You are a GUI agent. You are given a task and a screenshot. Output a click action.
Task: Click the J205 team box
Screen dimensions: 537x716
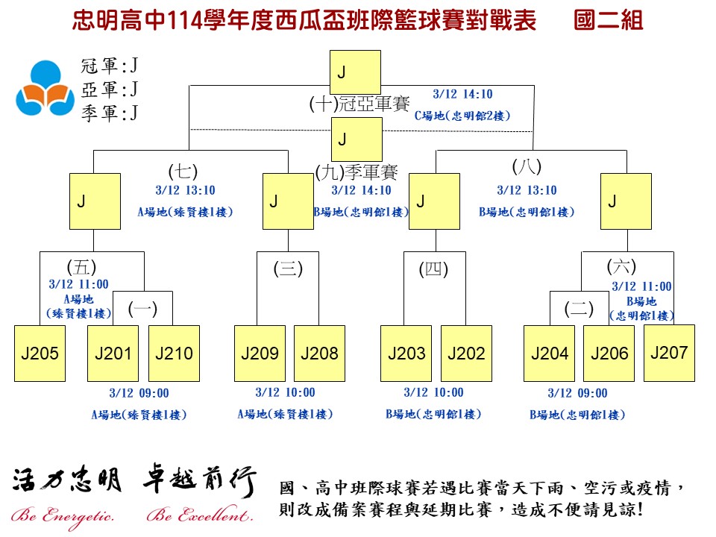click(x=40, y=354)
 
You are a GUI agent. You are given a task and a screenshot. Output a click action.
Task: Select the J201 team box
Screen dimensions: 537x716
click(x=113, y=354)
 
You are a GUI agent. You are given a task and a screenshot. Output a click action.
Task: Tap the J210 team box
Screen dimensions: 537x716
click(x=174, y=354)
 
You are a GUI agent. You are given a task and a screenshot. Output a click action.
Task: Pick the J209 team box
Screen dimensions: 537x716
click(x=260, y=354)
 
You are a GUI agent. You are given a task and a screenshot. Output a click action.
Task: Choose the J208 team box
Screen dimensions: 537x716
click(x=319, y=354)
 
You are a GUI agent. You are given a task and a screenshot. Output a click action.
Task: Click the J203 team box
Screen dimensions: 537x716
click(x=406, y=354)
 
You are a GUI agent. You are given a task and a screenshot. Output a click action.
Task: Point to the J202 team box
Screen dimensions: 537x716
click(x=466, y=354)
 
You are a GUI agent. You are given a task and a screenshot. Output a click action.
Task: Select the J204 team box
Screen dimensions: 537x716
click(x=550, y=354)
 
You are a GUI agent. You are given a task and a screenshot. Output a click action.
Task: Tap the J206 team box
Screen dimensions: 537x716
click(x=609, y=354)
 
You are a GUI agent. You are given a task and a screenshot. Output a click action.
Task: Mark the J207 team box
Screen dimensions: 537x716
click(x=669, y=352)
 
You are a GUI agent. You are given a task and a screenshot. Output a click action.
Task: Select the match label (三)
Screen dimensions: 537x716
click(x=288, y=269)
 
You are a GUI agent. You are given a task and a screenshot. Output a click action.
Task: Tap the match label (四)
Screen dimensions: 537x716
click(x=433, y=269)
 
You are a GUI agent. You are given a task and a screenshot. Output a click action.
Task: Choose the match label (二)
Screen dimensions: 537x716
click(x=579, y=309)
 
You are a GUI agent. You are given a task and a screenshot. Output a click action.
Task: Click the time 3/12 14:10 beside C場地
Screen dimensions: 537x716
click(x=462, y=95)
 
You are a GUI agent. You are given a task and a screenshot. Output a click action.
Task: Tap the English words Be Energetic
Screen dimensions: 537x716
click(x=63, y=516)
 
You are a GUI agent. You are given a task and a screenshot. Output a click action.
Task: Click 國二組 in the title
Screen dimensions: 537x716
click(x=609, y=21)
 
